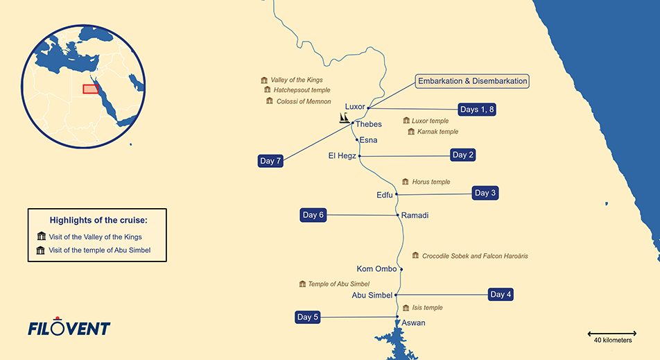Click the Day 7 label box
[x=270, y=161]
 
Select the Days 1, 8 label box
[x=478, y=110]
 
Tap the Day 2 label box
[x=463, y=155]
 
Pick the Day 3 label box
[x=485, y=193]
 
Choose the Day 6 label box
[x=313, y=215]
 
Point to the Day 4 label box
[x=501, y=294]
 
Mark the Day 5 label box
[x=308, y=317]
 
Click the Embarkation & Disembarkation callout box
[x=472, y=81]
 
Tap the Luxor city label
[x=355, y=107]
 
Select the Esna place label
[x=368, y=140]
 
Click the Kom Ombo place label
[x=376, y=269]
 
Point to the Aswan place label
[x=413, y=323]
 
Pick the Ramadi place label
[x=415, y=216]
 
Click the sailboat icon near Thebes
[x=345, y=119]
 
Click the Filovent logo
[x=69, y=328]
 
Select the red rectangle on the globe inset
[x=91, y=89]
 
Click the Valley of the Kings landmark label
[x=297, y=80]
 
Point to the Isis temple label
[x=427, y=308]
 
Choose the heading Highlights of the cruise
[x=98, y=221]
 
